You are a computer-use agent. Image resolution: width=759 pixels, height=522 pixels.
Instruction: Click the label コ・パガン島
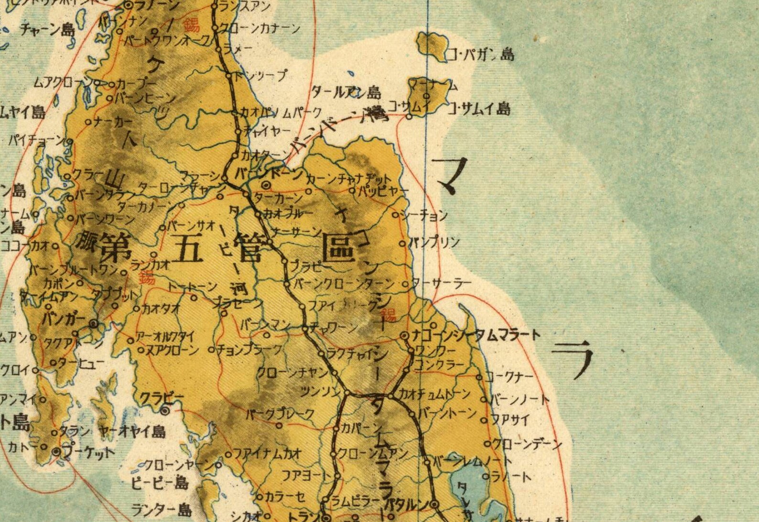pyautogui.click(x=480, y=55)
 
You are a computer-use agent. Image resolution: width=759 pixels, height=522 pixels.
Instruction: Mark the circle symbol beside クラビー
pyautogui.click(x=165, y=411)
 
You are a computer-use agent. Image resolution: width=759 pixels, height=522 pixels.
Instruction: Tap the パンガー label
pyautogui.click(x=64, y=319)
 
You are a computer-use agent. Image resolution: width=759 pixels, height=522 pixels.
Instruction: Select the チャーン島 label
pyautogui.click(x=48, y=30)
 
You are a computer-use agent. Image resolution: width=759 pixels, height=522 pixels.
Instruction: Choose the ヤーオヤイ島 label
pyautogui.click(x=131, y=432)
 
